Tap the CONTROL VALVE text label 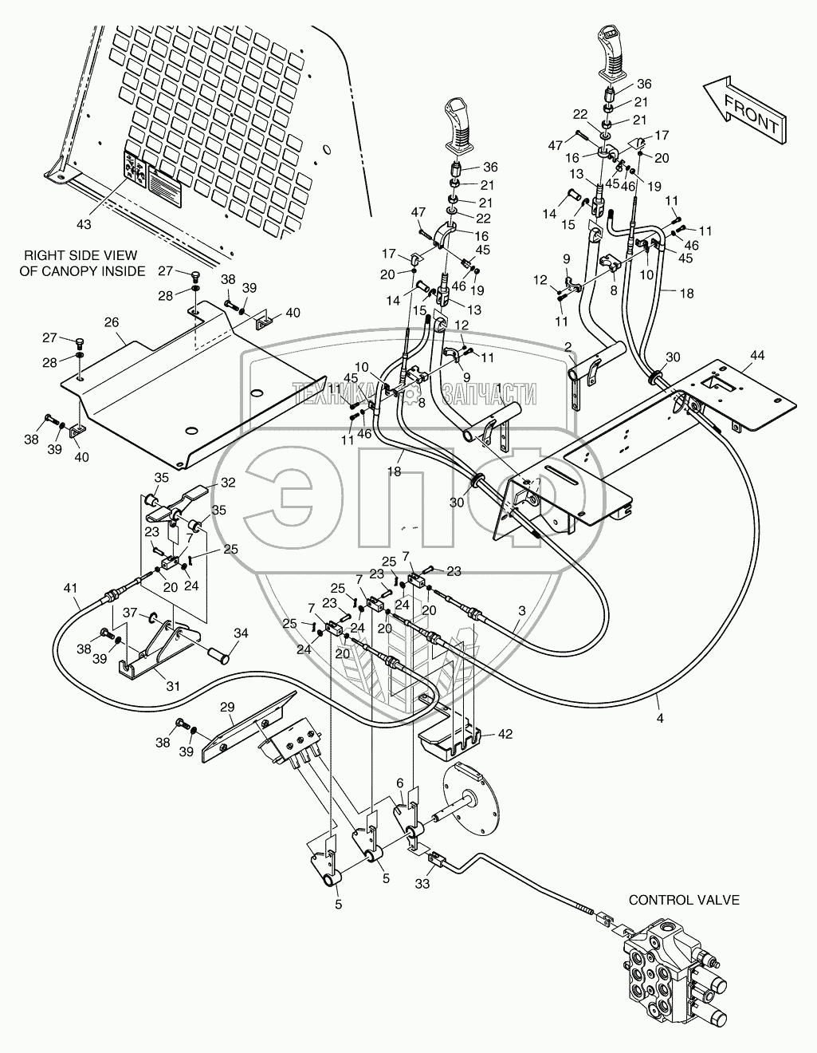(x=684, y=900)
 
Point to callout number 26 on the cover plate (x=111, y=322)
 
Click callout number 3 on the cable (x=521, y=610)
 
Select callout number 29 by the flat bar (x=227, y=708)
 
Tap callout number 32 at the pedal (x=228, y=483)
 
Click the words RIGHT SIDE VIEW (x=81, y=255)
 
